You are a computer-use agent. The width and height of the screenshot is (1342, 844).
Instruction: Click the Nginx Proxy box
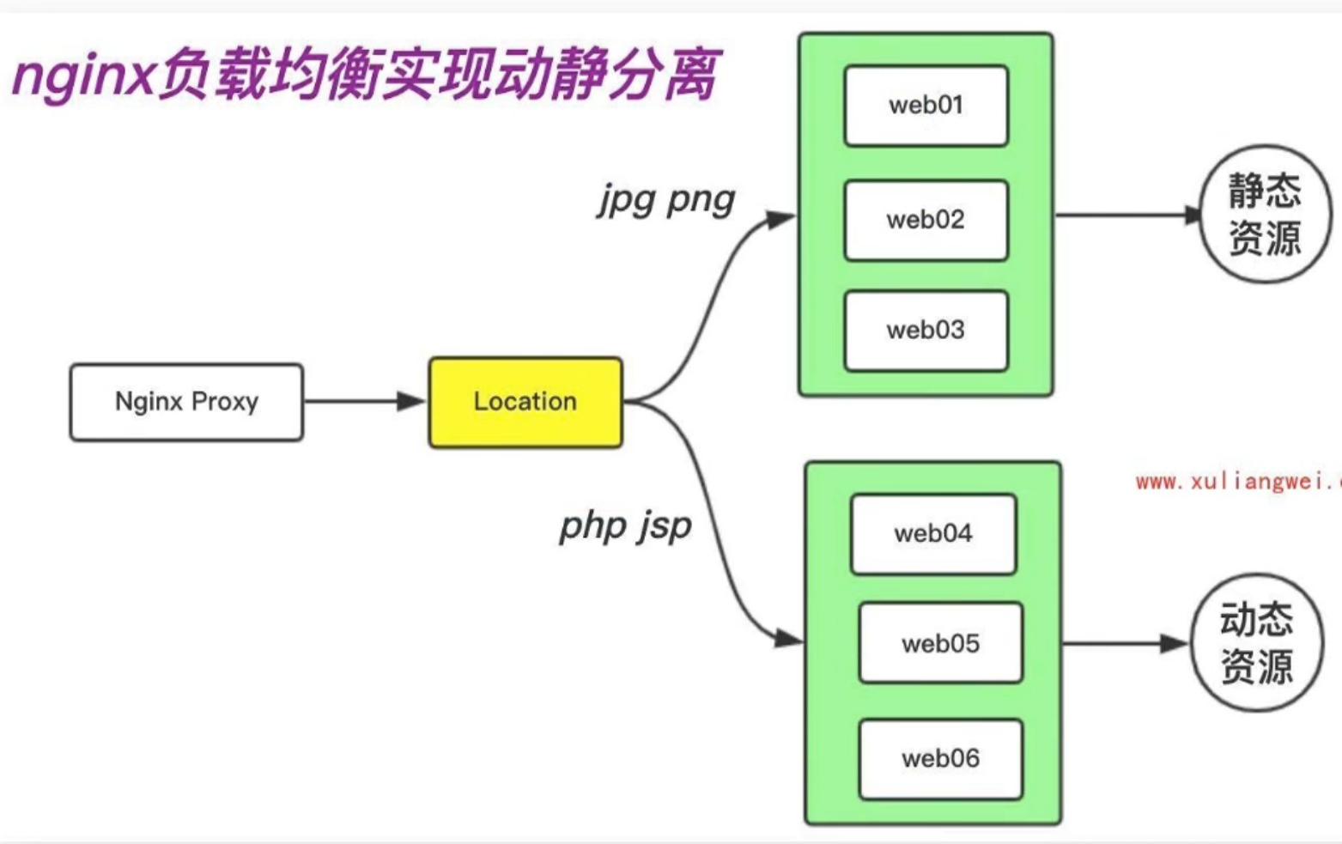click(x=186, y=402)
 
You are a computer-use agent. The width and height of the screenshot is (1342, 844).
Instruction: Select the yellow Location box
click(x=525, y=402)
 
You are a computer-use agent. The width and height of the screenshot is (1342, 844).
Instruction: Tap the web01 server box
click(x=926, y=106)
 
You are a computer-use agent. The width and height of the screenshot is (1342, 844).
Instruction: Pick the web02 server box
click(x=926, y=220)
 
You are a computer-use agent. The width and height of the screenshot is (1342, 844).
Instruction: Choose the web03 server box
click(x=926, y=331)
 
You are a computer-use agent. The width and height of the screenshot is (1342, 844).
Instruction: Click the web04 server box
click(x=933, y=534)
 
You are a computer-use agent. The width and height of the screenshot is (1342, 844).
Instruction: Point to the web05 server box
click(x=940, y=643)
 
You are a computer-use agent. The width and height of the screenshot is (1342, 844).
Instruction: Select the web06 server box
click(x=940, y=759)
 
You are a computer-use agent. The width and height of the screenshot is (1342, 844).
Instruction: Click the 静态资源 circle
click(x=1265, y=214)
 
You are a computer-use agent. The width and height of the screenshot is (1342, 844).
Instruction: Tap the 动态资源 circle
click(x=1257, y=642)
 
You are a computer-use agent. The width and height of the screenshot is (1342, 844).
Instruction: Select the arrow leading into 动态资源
click(x=1125, y=643)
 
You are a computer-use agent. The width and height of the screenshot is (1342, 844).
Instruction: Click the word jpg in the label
click(x=627, y=201)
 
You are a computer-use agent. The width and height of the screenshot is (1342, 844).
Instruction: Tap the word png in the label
click(x=701, y=201)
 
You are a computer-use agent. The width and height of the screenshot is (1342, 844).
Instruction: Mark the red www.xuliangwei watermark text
click(x=1236, y=482)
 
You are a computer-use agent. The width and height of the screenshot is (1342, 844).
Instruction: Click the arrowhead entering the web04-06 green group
click(x=788, y=638)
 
